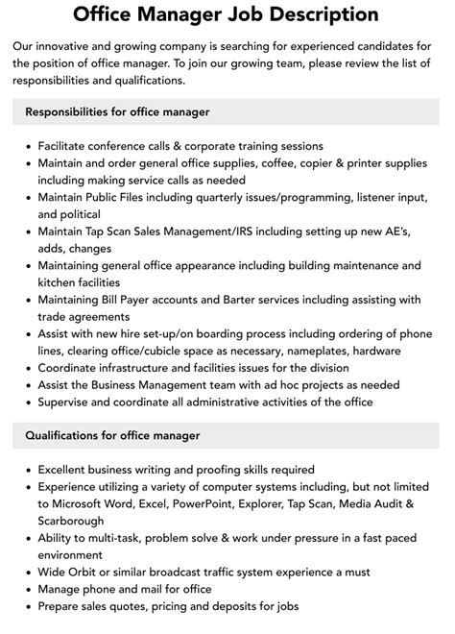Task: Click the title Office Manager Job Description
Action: point(227,14)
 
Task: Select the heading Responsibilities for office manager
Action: point(117,112)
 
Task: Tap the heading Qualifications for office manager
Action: point(112,435)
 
